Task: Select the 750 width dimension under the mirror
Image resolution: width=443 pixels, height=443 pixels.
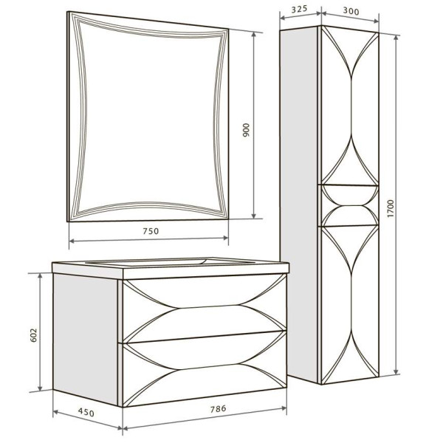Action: pos(151,230)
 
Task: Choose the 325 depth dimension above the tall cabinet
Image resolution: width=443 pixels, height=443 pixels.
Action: pos(299,10)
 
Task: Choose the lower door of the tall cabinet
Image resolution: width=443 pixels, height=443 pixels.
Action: pos(348,303)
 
